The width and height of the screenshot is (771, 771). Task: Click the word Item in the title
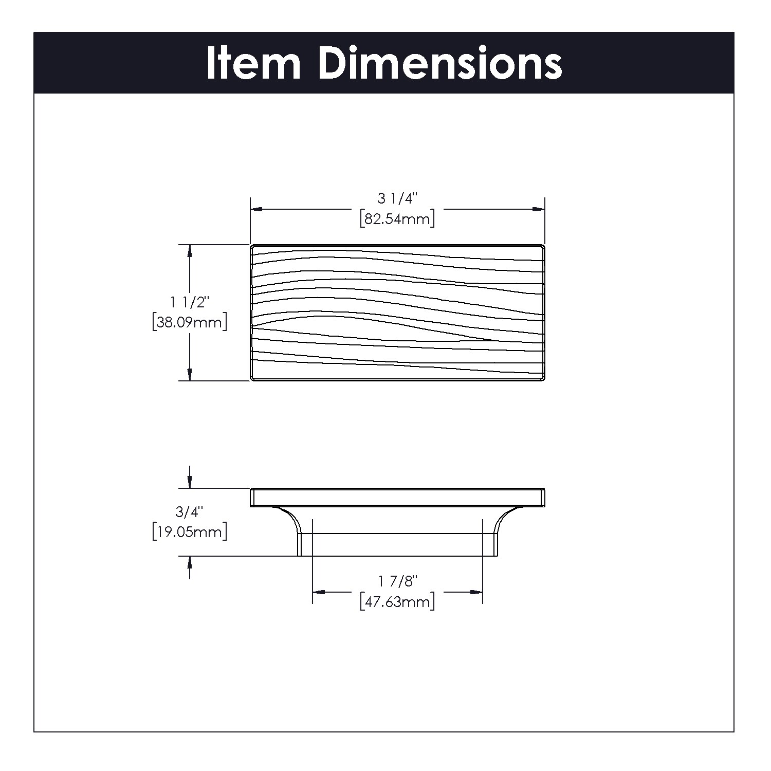point(253,63)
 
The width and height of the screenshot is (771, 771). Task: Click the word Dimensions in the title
point(440,63)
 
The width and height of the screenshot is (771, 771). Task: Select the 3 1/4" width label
point(398,198)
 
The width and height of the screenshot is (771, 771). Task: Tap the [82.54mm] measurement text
point(398,219)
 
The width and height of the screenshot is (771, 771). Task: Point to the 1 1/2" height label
point(190,302)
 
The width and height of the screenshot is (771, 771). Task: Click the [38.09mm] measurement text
point(190,322)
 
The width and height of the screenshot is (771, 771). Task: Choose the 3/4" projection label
point(190,511)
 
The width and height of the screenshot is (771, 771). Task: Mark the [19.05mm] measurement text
point(190,532)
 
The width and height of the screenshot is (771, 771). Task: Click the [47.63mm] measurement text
point(398,601)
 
